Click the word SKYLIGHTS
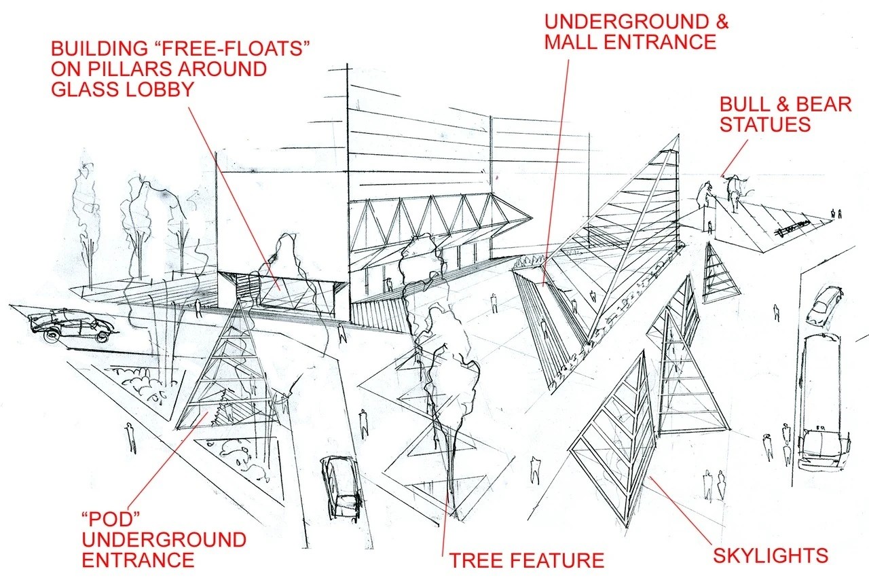click(x=771, y=556)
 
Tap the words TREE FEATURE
click(x=526, y=560)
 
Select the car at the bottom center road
click(x=341, y=486)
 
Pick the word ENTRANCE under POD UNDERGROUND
click(x=138, y=560)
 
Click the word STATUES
click(x=765, y=125)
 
